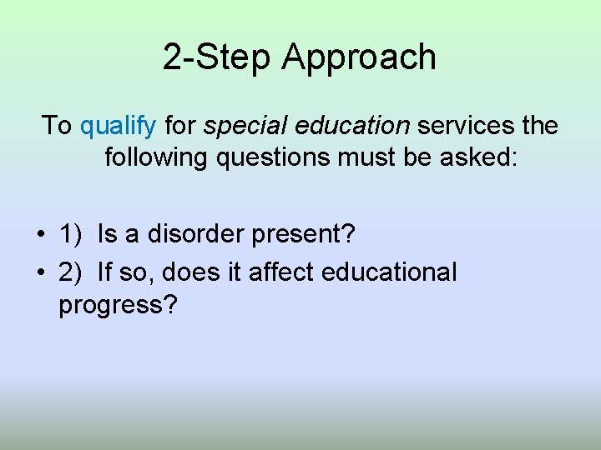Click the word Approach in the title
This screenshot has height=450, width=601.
click(x=360, y=58)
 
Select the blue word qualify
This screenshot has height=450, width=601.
click(x=118, y=127)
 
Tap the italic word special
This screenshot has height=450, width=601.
click(x=240, y=127)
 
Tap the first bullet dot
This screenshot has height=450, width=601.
click(x=41, y=236)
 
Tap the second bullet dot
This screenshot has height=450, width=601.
click(x=41, y=273)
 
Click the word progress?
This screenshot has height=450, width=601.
click(x=118, y=306)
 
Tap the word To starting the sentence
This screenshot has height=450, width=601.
click(x=57, y=126)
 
